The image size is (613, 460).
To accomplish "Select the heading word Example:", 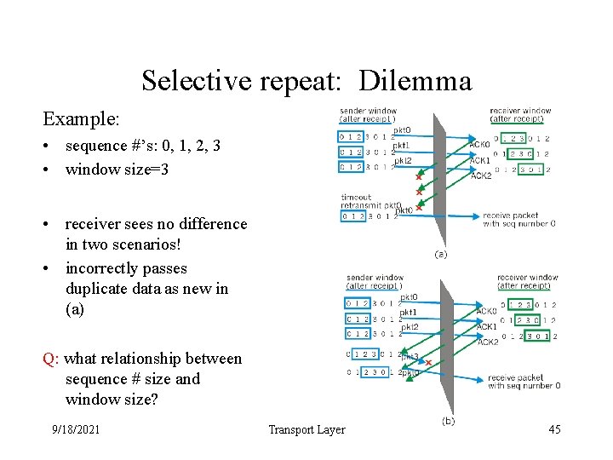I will point(81,118).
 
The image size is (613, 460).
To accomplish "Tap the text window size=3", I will point(117,169).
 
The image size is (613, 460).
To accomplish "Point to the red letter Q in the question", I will point(49,359).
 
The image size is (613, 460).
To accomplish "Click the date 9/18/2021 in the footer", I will point(75,429).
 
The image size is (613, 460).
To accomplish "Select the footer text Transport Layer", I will point(306,429).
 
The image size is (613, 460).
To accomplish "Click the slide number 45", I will point(554,429).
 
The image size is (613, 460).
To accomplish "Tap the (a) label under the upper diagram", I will point(440,254).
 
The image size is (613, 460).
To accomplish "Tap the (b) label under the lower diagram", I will point(449,421).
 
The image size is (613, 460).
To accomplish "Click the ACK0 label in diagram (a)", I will point(479,145).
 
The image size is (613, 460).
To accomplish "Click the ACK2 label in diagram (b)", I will point(487,341).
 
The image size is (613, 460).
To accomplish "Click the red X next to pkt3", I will point(428,363).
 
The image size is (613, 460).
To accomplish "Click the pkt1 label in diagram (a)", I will point(400,146).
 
